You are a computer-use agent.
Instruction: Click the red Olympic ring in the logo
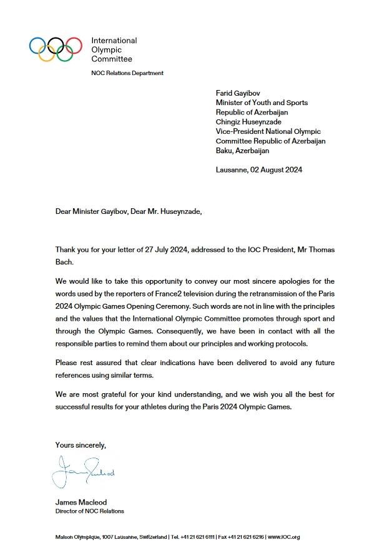(x=74, y=45)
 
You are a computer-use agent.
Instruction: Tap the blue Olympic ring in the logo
(x=37, y=45)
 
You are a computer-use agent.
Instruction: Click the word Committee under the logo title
(x=112, y=59)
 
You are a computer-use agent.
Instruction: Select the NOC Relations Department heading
(x=127, y=73)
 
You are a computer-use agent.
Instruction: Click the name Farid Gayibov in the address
(x=241, y=93)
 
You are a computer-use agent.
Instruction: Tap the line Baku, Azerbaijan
(x=243, y=151)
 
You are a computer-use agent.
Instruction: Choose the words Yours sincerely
(x=81, y=445)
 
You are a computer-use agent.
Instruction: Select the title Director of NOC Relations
(x=89, y=511)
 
